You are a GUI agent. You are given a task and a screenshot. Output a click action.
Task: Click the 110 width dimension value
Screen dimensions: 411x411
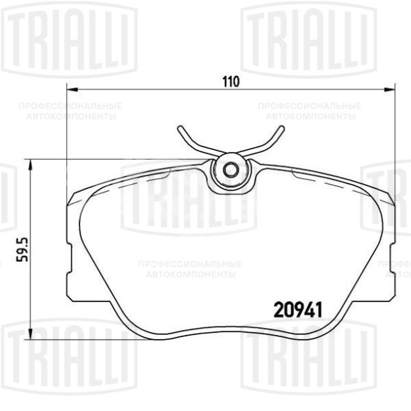click(231, 82)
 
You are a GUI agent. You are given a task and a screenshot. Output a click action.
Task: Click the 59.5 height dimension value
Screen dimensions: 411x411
click(22, 250)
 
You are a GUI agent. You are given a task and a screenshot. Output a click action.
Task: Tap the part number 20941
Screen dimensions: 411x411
click(298, 310)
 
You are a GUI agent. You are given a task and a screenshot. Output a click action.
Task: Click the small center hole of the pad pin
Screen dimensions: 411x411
click(231, 170)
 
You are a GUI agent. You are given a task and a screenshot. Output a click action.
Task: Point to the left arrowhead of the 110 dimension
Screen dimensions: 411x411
click(73, 90)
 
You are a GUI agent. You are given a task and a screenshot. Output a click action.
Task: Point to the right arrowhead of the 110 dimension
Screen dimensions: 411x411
click(389, 90)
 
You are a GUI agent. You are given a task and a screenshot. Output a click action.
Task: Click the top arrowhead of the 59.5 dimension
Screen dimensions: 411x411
click(31, 165)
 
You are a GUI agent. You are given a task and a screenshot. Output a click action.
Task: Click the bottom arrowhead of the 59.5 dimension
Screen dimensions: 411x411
click(31, 334)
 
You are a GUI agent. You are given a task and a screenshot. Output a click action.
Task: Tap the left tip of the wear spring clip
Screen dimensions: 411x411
click(180, 128)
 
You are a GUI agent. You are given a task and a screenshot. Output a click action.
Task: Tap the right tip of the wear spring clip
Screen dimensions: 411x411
click(282, 128)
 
